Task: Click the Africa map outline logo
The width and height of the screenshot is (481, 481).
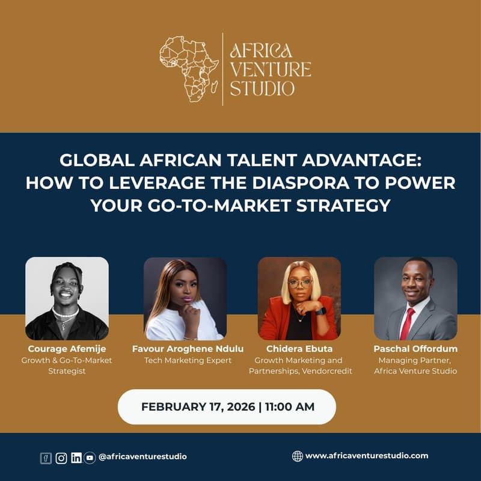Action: (188, 68)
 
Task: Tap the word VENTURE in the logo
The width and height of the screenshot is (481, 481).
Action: (271, 69)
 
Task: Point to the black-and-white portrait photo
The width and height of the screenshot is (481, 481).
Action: (67, 298)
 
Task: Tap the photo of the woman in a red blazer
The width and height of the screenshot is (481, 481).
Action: (299, 298)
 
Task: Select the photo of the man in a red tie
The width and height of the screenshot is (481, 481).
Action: (415, 298)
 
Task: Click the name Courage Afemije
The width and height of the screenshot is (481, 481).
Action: (67, 349)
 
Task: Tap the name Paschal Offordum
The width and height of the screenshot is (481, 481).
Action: (415, 349)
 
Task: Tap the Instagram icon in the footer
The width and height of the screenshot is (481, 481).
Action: (61, 458)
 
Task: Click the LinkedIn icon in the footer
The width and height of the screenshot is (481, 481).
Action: (76, 458)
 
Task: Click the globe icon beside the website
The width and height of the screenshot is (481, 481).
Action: (297, 456)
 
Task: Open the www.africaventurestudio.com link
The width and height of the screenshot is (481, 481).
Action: (367, 456)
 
